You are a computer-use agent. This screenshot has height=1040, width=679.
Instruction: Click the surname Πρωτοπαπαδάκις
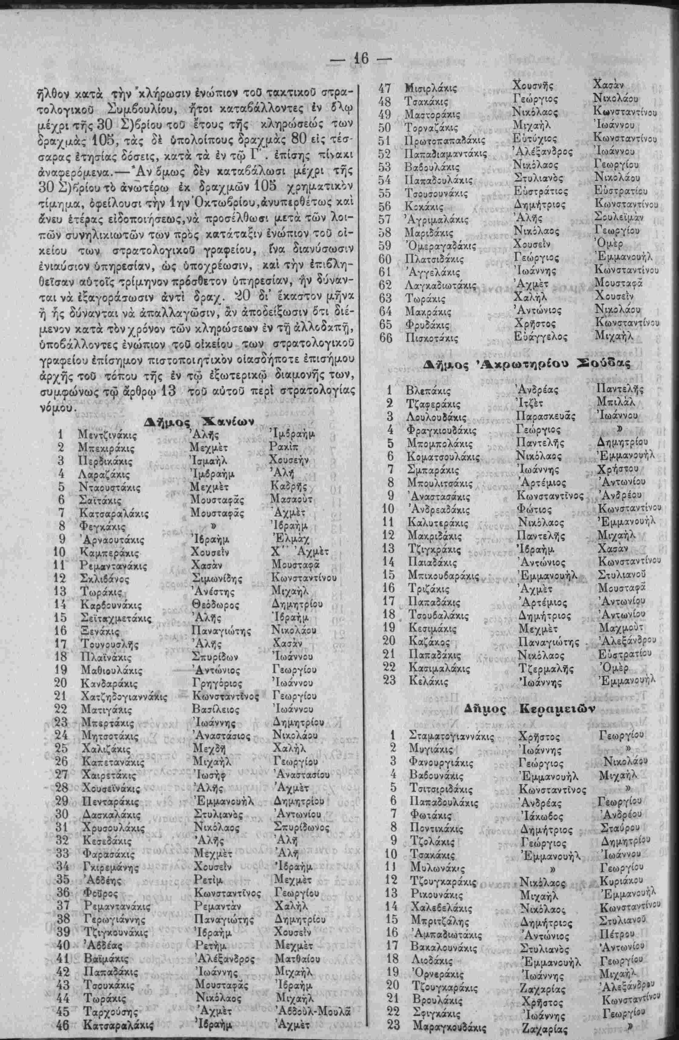tap(445, 141)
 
